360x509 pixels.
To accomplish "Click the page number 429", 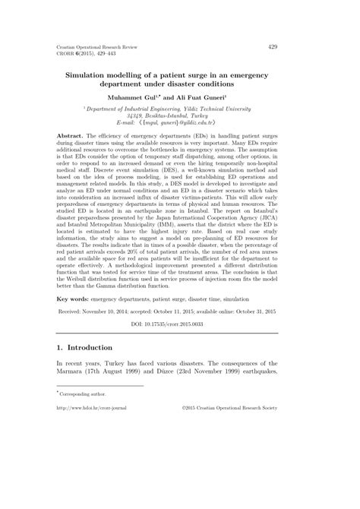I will pyautogui.click(x=273, y=46).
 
